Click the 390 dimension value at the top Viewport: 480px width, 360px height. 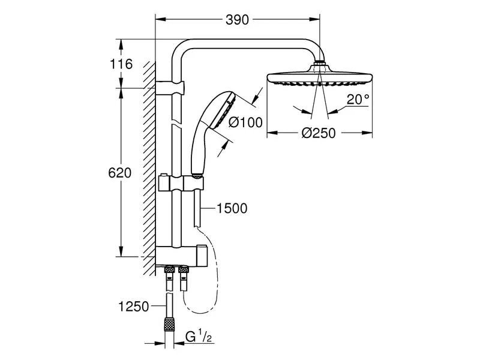point(238,20)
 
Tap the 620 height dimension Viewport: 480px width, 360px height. point(119,173)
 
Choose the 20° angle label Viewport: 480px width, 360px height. point(358,100)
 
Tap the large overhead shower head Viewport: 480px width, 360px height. point(320,78)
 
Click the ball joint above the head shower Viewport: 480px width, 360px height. point(320,63)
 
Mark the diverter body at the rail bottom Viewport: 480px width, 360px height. point(180,255)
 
